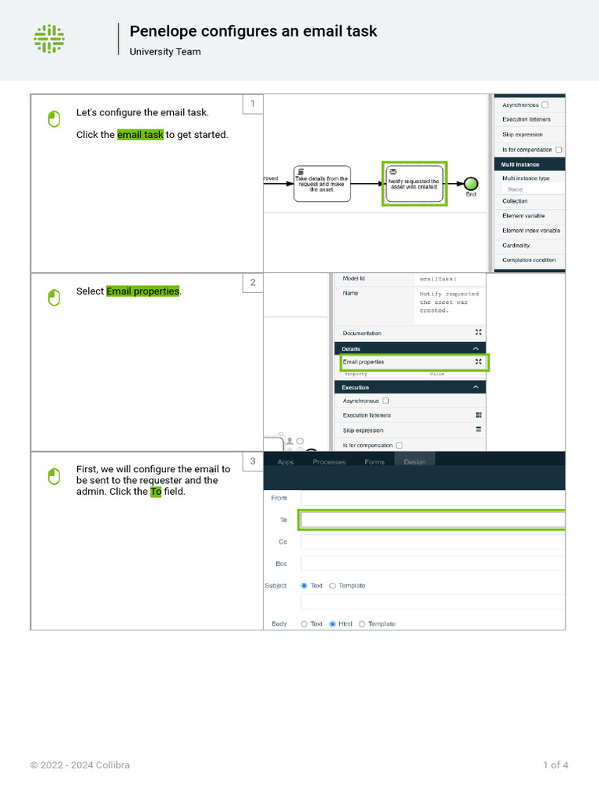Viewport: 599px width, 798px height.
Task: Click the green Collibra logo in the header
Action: coord(49,39)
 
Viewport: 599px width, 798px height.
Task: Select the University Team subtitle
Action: coord(165,52)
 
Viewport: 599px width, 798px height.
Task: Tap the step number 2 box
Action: coord(253,283)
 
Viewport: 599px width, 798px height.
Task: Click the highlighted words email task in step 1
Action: coord(140,135)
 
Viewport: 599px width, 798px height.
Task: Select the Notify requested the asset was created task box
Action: coord(414,184)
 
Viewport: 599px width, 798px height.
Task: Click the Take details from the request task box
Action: coord(321,184)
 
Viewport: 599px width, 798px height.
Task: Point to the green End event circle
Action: coord(470,183)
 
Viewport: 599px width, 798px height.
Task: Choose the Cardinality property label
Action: coord(516,245)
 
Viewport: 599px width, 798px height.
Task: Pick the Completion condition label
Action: coord(529,260)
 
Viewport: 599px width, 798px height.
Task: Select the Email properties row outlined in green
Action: coord(413,362)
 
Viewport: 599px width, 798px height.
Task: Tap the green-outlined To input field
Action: coord(433,520)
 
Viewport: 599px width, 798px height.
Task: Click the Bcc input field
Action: coord(433,563)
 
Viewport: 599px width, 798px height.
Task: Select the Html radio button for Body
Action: coord(332,624)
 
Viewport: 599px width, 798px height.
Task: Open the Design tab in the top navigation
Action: coord(415,462)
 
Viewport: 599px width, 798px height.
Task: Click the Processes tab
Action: coord(329,462)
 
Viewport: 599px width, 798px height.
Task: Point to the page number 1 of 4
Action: coord(555,765)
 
